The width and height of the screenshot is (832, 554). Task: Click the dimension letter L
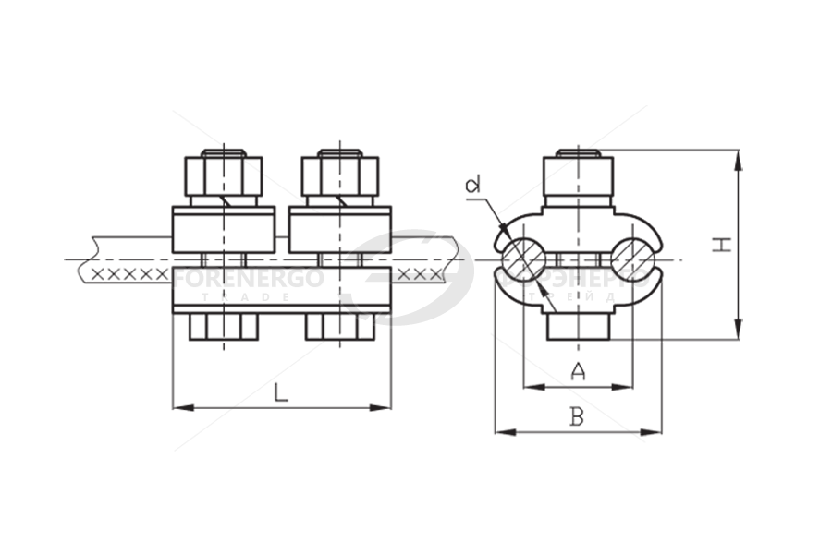click(x=281, y=391)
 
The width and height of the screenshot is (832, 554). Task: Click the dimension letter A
click(x=578, y=372)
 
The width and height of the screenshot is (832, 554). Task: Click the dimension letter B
click(x=577, y=417)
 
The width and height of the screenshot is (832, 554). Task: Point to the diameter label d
click(x=474, y=187)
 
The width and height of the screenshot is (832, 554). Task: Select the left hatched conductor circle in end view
click(x=524, y=259)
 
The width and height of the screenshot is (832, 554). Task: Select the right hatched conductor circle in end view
click(x=633, y=259)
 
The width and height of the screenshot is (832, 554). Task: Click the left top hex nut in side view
click(x=223, y=175)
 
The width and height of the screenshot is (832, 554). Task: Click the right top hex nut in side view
click(x=339, y=175)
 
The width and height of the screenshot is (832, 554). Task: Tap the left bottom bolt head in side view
click(x=223, y=327)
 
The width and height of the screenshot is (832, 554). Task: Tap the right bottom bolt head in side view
click(x=339, y=327)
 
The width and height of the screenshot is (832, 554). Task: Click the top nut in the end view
click(x=579, y=175)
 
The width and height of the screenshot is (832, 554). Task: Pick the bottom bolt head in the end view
click(x=579, y=326)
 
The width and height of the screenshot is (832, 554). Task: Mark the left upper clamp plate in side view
click(x=223, y=230)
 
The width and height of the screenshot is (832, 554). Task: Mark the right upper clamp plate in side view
click(x=339, y=230)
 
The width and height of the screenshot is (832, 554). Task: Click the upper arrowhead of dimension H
click(x=738, y=159)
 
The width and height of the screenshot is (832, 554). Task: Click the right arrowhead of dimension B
click(x=655, y=431)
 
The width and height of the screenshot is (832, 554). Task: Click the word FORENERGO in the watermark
click(x=250, y=279)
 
